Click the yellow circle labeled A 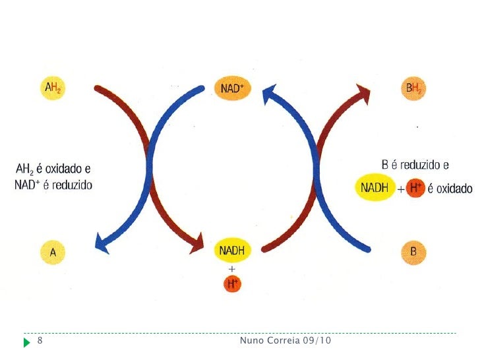(x=53, y=251)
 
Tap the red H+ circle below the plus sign (x=231, y=284)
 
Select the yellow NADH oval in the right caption (x=375, y=189)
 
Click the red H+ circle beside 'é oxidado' (x=415, y=189)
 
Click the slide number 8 (x=40, y=341)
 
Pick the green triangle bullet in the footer (x=26, y=342)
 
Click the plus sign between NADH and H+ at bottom (x=231, y=269)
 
